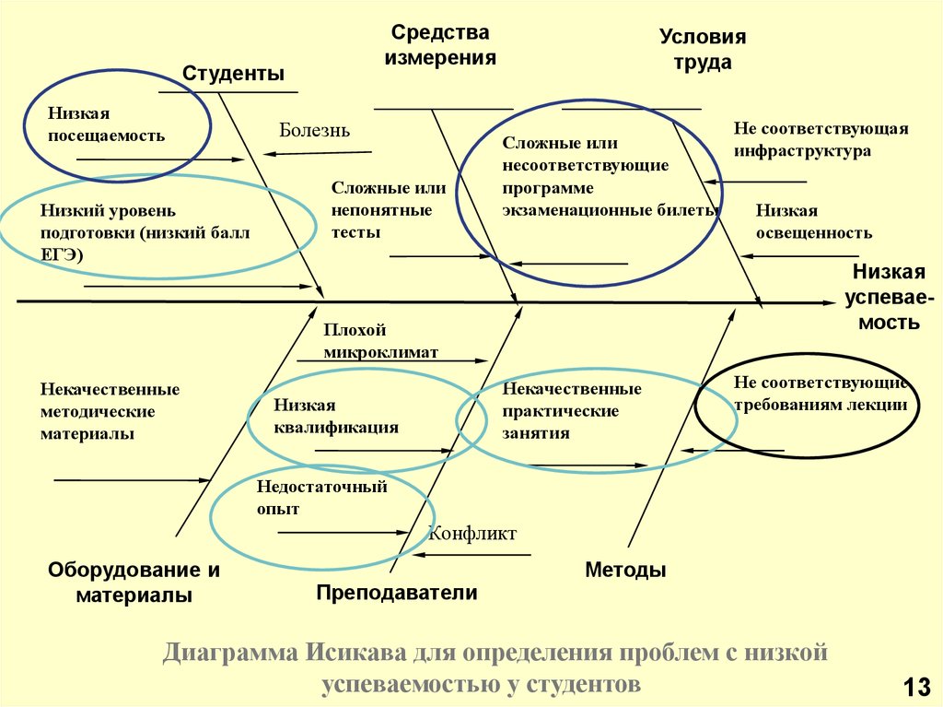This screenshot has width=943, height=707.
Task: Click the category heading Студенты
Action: click(x=233, y=74)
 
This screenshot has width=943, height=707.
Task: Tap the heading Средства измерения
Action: click(x=440, y=45)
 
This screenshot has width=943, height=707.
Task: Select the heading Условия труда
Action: click(x=703, y=50)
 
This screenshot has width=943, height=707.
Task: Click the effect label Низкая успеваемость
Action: click(x=890, y=297)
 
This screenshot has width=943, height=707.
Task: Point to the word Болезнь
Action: click(x=315, y=130)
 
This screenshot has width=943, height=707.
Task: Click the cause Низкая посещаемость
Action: click(x=107, y=124)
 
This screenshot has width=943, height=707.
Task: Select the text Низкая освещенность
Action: click(x=814, y=221)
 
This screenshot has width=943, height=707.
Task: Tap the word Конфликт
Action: click(x=472, y=533)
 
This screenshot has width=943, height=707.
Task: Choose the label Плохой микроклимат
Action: click(x=380, y=341)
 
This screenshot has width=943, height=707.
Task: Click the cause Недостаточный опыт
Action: click(x=321, y=498)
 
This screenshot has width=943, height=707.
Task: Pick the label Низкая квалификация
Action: click(x=336, y=416)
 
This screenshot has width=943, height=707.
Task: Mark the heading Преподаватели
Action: click(x=397, y=593)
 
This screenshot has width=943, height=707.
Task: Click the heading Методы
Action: click(x=625, y=570)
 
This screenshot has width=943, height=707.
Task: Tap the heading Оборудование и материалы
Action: click(x=134, y=583)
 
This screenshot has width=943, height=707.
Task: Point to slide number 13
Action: click(x=916, y=687)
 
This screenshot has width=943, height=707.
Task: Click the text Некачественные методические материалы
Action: click(x=111, y=411)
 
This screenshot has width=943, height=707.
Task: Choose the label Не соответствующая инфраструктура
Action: click(x=821, y=139)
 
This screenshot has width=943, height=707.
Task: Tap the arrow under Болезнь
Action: click(x=318, y=154)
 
